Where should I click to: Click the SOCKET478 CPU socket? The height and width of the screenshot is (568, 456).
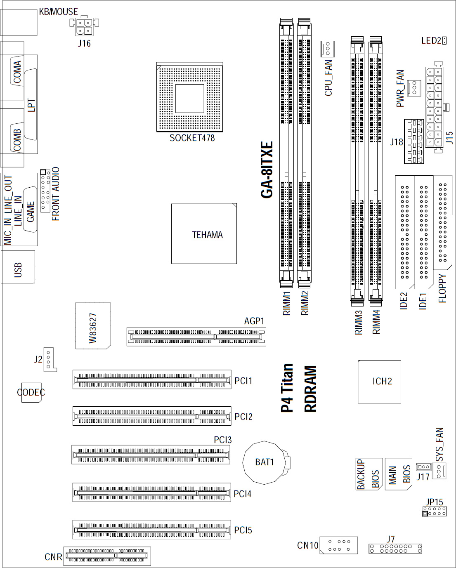pyautogui.click(x=189, y=97)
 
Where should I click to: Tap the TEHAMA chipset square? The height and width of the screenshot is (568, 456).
pyautogui.click(x=204, y=233)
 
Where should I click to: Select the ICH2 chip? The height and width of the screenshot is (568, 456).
pyautogui.click(x=379, y=382)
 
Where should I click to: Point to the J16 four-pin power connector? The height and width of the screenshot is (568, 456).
pyautogui.click(x=84, y=26)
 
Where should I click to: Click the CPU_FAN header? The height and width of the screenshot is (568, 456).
pyautogui.click(x=328, y=49)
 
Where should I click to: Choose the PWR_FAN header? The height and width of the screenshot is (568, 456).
pyautogui.click(x=414, y=87)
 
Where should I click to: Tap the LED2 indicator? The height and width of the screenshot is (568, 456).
pyautogui.click(x=444, y=41)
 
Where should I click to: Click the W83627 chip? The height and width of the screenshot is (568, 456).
pyautogui.click(x=93, y=326)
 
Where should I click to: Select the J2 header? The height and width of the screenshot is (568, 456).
pyautogui.click(x=50, y=360)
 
